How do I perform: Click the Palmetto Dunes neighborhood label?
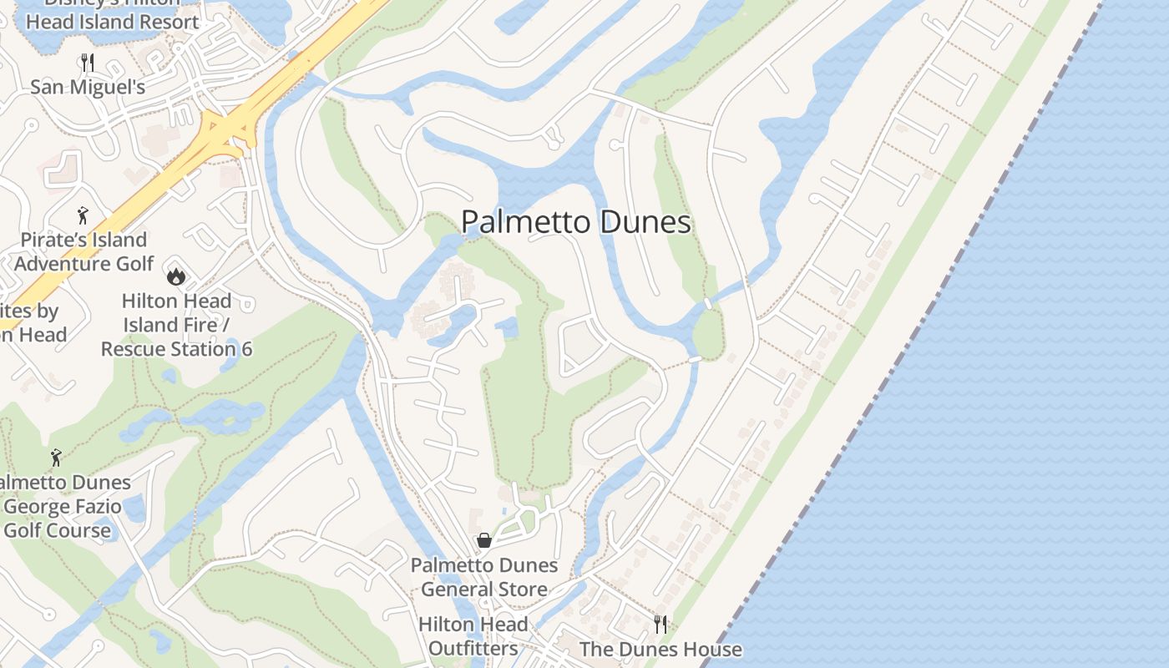[575, 222]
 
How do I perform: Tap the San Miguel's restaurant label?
[88, 87]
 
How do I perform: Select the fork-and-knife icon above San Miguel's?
[88, 62]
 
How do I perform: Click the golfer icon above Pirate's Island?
[83, 216]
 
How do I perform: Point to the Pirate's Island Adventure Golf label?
[83, 252]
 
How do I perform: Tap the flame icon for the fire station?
[175, 276]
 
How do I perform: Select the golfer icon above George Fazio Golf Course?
[56, 458]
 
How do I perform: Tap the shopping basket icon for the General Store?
[484, 540]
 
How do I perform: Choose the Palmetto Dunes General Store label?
[484, 577]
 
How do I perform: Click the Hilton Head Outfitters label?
[473, 636]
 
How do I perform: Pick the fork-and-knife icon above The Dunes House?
[660, 625]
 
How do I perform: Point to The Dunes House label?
[660, 650]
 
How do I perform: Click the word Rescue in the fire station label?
[134, 349]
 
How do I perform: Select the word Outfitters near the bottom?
[473, 649]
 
